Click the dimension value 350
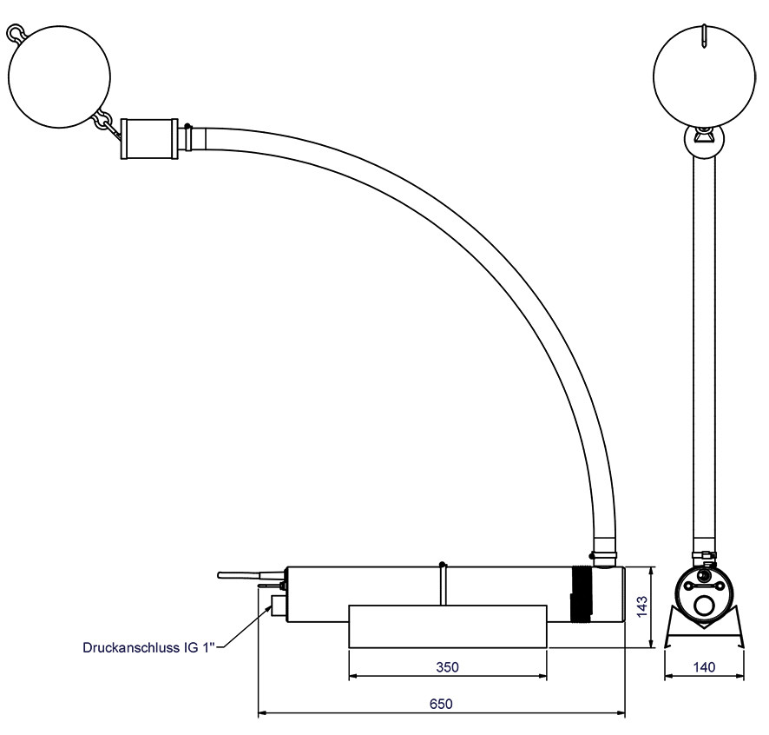point(447,666)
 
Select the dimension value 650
point(441,704)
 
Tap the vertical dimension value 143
point(641,607)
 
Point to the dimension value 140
point(704,666)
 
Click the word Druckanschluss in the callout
point(131,647)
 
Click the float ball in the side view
point(59,77)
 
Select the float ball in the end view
point(704,76)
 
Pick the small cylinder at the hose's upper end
point(149,138)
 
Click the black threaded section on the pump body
point(582,594)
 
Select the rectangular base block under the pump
point(447,626)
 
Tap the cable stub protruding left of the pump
point(251,574)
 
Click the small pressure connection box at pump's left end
point(279,606)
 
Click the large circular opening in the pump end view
point(705,607)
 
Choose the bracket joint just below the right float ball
point(704,142)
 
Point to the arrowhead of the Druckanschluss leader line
point(269,608)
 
